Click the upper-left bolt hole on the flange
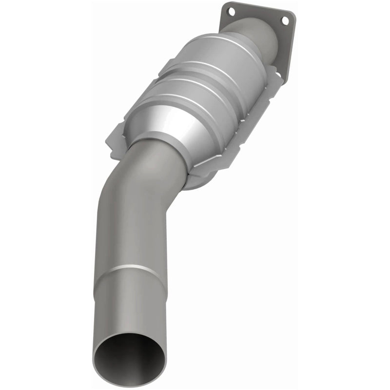[231, 10]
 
